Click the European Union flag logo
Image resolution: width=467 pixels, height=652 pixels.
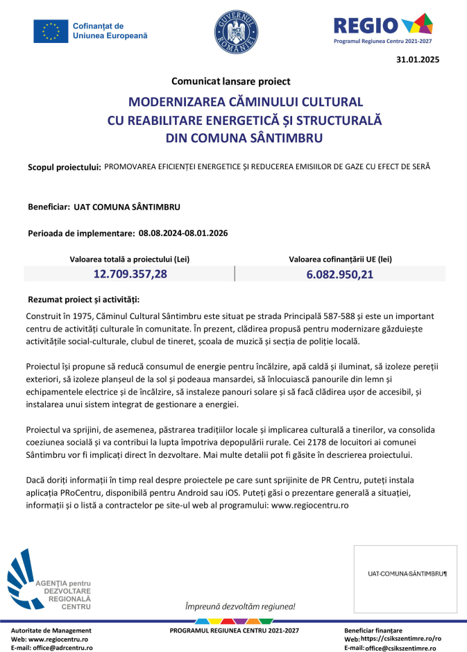click(51, 31)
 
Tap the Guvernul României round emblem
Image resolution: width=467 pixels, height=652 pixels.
click(235, 33)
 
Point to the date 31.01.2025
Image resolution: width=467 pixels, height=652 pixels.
click(418, 60)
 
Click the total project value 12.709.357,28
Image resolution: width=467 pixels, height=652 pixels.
click(130, 274)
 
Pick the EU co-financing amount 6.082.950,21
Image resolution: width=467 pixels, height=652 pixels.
click(340, 275)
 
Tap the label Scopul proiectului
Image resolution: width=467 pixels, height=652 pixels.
click(65, 168)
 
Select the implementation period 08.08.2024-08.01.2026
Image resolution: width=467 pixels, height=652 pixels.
click(183, 233)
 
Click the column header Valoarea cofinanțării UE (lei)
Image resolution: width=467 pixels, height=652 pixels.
click(340, 259)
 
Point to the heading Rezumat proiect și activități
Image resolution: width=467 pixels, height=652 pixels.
click(83, 300)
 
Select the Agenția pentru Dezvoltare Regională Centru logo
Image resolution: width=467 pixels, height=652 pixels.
click(50, 579)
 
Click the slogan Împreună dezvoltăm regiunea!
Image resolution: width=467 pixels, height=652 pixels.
click(235, 606)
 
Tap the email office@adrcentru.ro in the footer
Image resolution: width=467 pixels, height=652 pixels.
click(60, 647)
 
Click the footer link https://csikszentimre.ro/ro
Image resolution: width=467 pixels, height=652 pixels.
click(400, 638)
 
